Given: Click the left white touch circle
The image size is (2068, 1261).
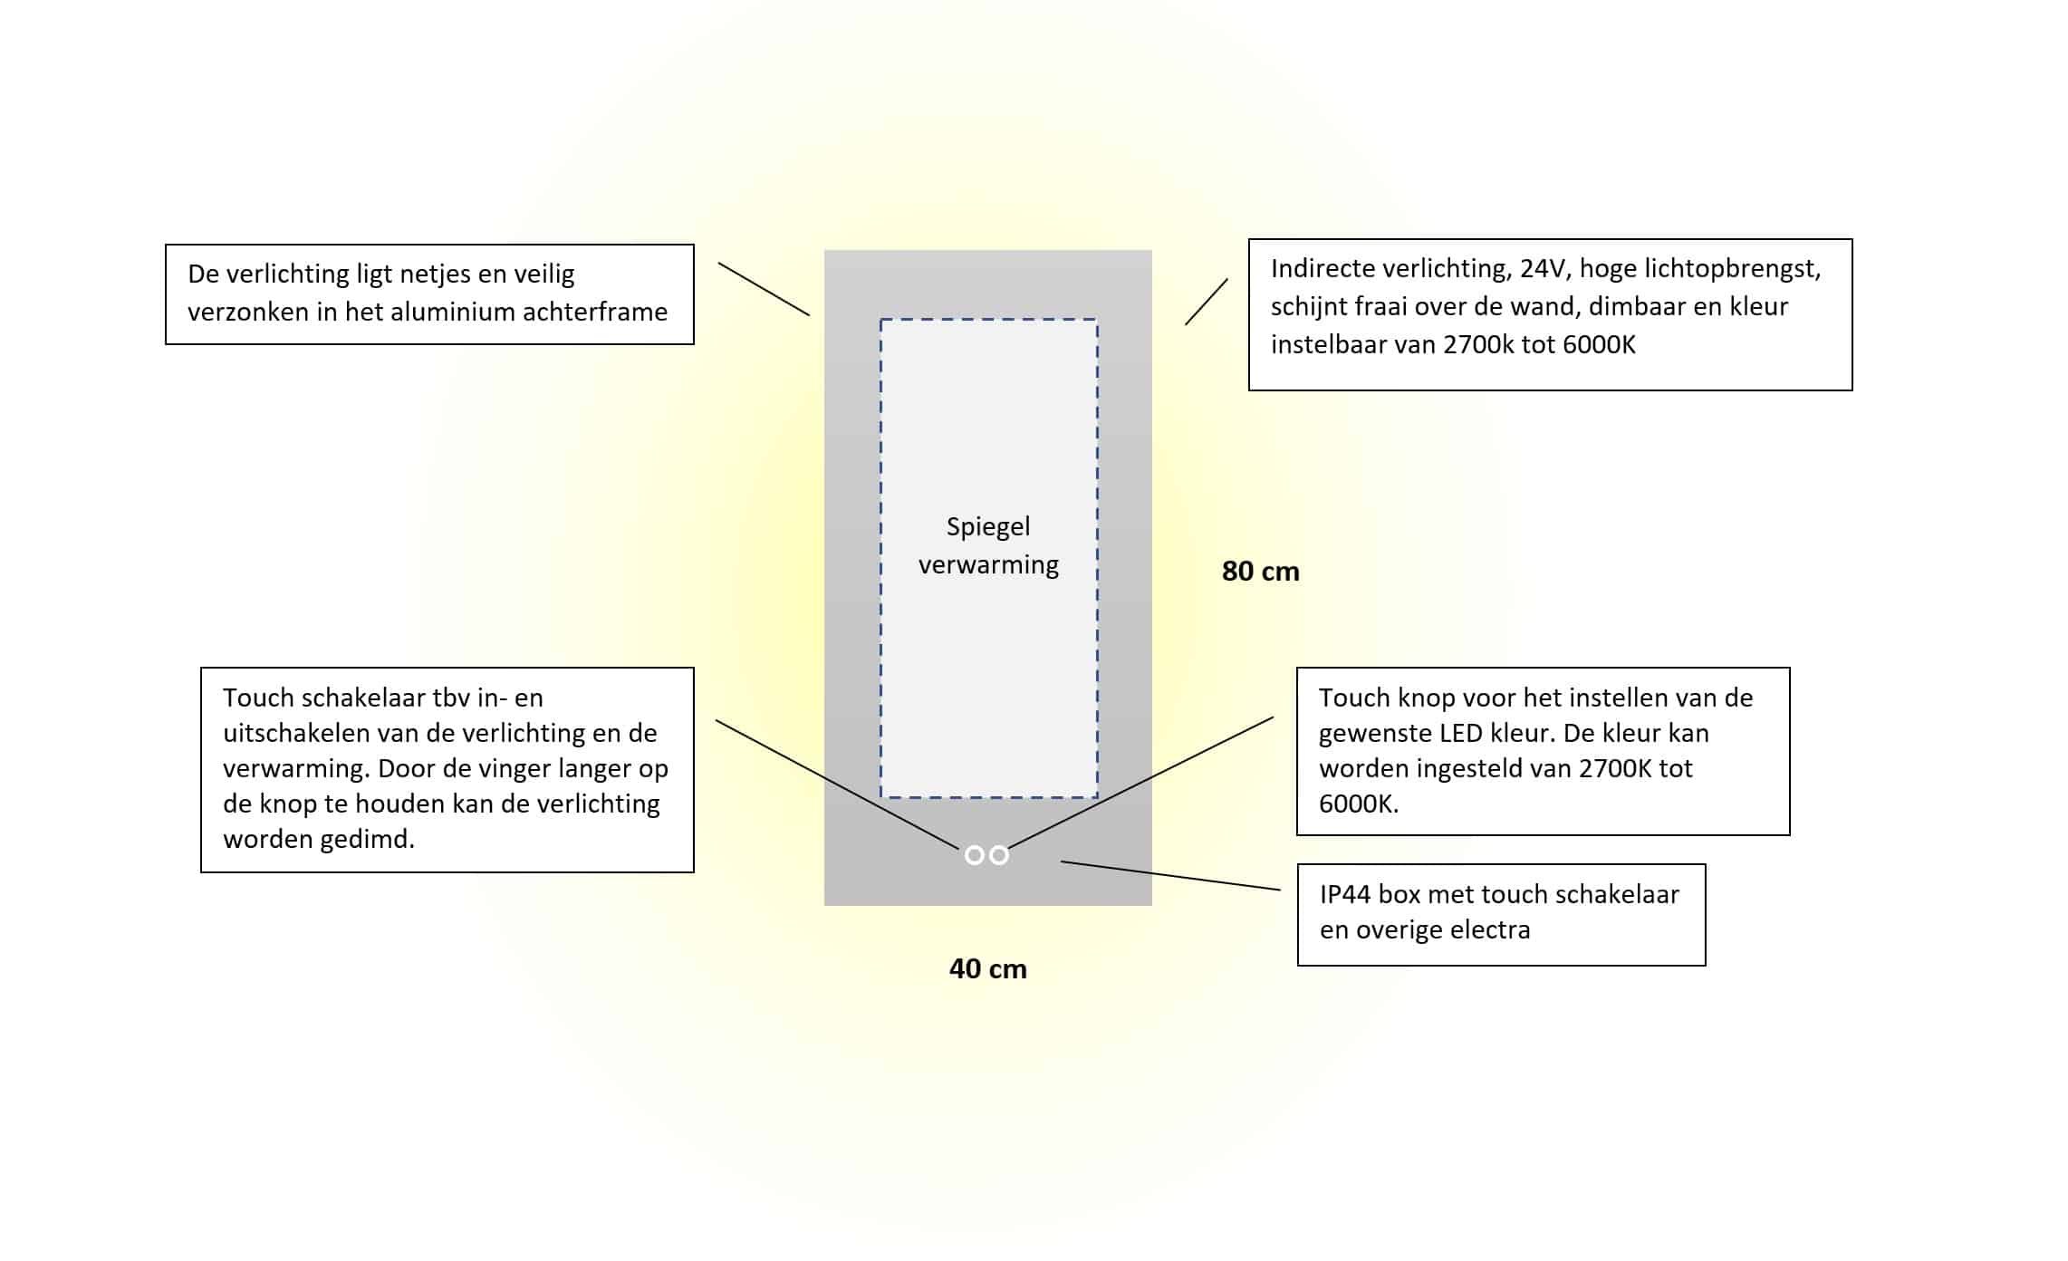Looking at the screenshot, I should [974, 855].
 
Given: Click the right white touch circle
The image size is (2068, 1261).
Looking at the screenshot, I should [999, 855].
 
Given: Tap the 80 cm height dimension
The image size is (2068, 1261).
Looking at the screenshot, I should [1260, 572].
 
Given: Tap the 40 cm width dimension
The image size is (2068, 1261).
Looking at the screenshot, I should [987, 969].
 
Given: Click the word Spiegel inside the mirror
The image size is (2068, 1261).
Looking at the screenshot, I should [988, 527].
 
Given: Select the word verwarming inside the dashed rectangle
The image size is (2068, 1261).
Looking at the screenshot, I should [988, 565].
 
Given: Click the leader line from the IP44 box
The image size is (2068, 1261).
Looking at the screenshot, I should [1170, 876].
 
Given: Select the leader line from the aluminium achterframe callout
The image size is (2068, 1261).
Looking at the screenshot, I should [764, 289].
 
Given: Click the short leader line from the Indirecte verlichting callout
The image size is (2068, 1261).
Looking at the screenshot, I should [1207, 302].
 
